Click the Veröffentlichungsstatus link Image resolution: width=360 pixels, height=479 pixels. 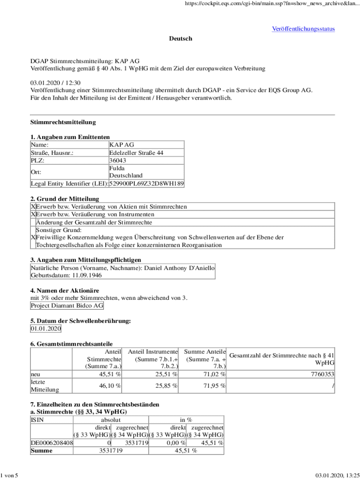pos(303,29)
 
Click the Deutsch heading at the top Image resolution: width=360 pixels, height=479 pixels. pos(180,38)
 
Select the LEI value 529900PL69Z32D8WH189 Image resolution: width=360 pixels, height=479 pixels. pos(146,184)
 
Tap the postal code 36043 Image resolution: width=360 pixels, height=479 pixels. pos(117,160)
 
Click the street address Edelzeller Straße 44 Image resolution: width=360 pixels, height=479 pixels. pos(136,152)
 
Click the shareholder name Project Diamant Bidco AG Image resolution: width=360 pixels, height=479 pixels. pos(67,305)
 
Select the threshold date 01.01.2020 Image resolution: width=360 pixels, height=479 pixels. pos(46,329)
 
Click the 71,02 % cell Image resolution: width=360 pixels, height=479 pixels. pos(214,374)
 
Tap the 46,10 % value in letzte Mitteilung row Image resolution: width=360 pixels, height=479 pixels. pos(110,386)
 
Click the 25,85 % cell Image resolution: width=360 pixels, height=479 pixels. pos(166,386)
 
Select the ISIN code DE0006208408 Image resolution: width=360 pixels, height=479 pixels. pos(51,443)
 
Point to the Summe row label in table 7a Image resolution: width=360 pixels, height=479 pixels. pos(41,450)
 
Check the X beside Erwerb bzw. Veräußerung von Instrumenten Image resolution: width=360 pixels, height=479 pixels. pos(33,214)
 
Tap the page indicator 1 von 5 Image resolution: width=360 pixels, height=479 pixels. pos(9,475)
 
